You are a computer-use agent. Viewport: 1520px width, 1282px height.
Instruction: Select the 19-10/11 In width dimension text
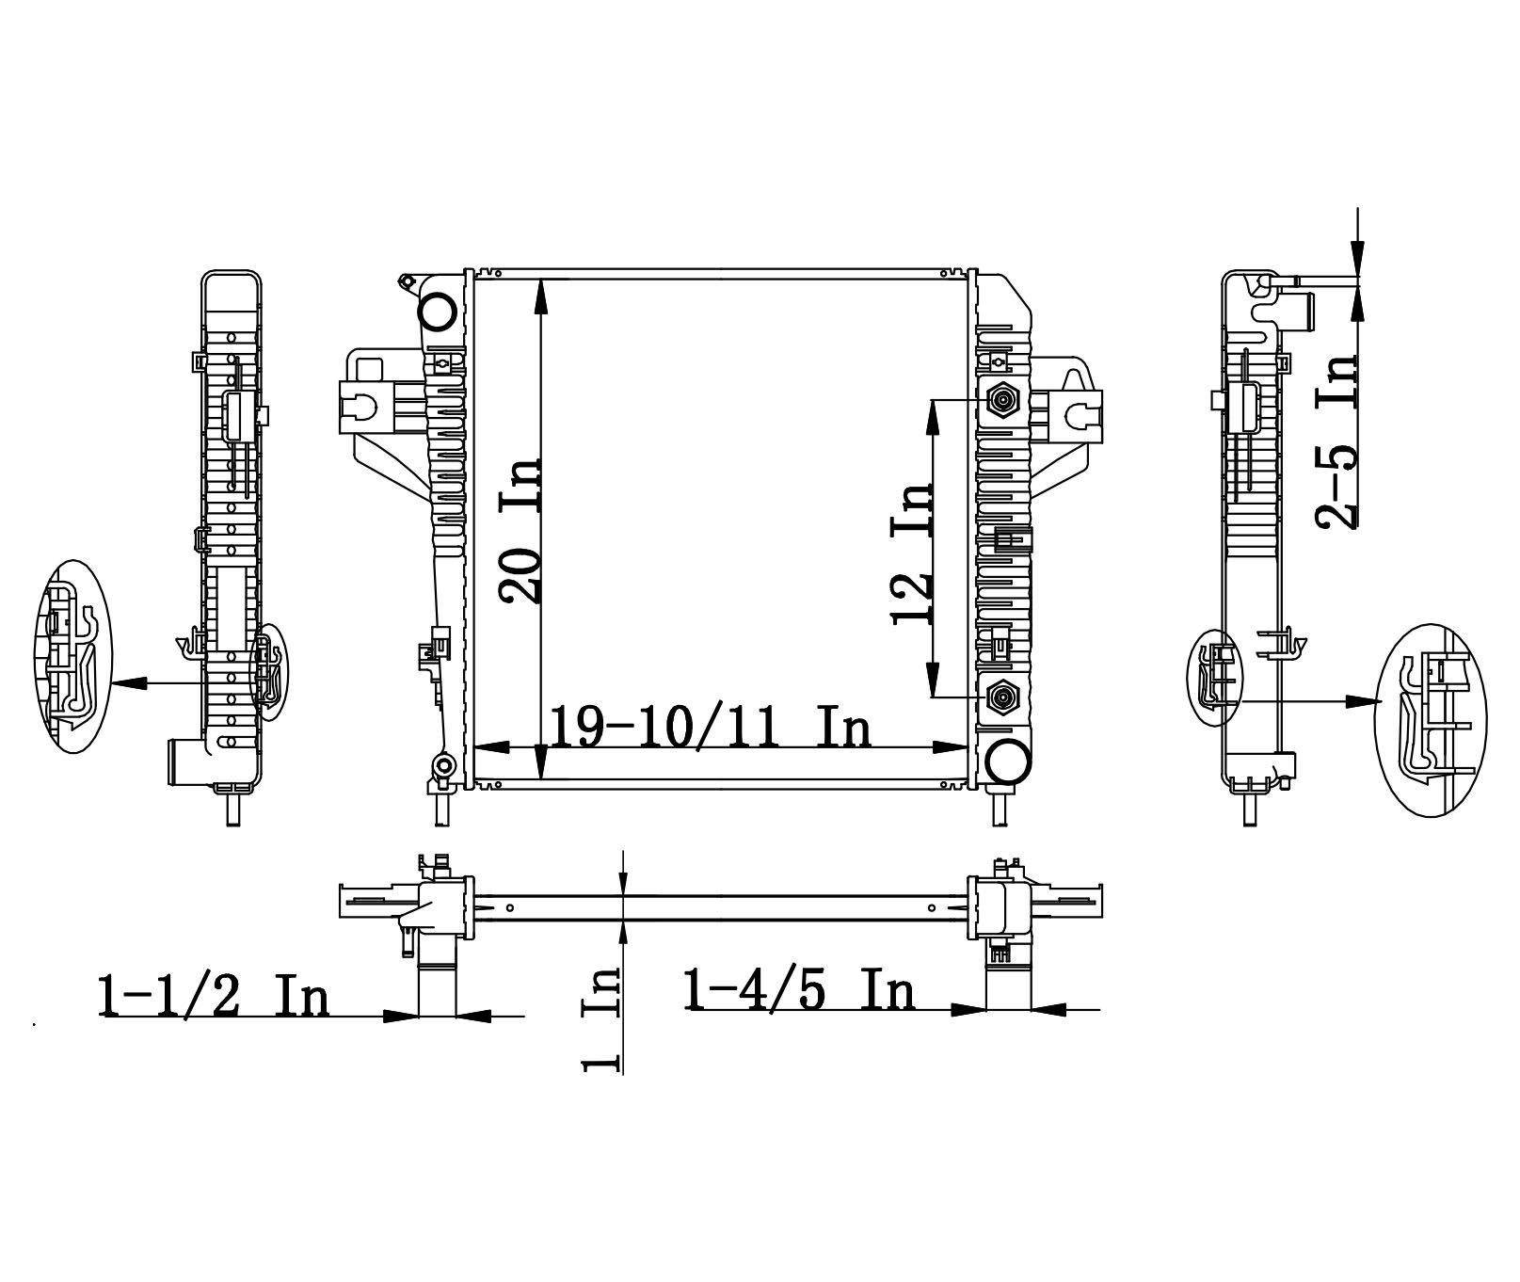point(711,728)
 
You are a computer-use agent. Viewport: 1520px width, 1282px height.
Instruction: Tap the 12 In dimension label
point(912,554)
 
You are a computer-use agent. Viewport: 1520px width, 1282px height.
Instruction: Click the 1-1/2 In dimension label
point(214,997)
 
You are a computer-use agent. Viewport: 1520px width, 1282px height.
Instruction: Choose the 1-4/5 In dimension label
point(800,991)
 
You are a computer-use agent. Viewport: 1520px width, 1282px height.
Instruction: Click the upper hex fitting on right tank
point(1001,401)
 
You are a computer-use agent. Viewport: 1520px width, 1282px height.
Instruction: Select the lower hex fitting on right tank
point(1001,697)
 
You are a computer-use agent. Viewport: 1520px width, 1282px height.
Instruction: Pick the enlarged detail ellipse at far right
point(1431,719)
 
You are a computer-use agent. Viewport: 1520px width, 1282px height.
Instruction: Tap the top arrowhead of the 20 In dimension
point(541,296)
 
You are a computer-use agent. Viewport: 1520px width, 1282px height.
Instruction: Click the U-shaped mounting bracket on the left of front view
point(359,406)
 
